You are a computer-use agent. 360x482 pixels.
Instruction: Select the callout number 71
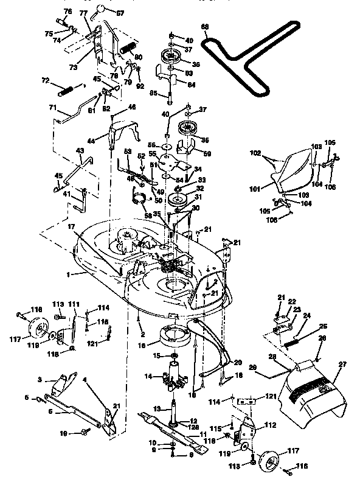[53, 108]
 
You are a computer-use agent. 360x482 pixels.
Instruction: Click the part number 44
[91, 141]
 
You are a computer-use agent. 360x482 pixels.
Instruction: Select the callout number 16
[141, 344]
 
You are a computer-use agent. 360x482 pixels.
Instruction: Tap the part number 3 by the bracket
[40, 380]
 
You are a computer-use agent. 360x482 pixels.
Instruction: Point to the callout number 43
[80, 151]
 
